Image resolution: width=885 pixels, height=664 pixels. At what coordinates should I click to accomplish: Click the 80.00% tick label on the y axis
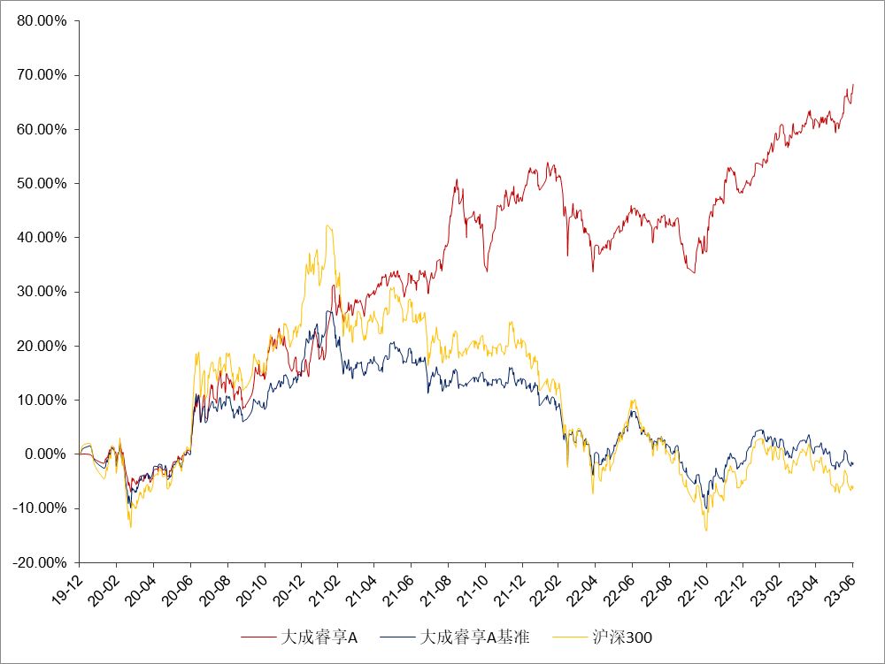pos(42,21)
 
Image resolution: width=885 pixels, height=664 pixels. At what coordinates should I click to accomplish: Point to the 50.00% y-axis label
pos(42,184)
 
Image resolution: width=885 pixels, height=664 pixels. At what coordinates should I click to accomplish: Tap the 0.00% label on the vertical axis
pos(46,454)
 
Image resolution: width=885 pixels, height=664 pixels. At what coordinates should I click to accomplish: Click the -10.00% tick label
pos(41,508)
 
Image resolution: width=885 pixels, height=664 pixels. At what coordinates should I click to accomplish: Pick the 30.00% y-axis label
pos(42,292)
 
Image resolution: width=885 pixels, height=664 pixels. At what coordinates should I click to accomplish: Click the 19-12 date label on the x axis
pos(67,587)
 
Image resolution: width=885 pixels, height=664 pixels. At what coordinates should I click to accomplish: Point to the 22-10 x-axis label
pos(694,587)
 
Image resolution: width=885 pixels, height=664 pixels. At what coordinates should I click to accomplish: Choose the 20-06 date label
pos(178,587)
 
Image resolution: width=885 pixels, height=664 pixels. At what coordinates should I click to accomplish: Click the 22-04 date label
pos(583,587)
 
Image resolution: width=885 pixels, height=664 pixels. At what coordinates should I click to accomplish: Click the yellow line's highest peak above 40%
pos(328,225)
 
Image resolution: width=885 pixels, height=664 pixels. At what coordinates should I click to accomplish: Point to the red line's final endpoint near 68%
pos(853,85)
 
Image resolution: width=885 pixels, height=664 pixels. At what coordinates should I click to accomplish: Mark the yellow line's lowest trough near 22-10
pos(706,530)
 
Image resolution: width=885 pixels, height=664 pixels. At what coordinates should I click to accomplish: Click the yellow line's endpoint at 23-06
pos(853,488)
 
